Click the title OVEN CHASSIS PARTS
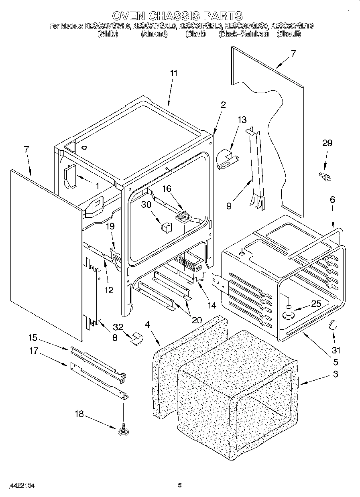[177, 16]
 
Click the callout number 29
[327, 143]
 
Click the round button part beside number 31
[333, 325]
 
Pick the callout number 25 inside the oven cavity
[316, 304]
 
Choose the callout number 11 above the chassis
[173, 73]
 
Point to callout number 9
[229, 207]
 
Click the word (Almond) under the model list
[154, 34]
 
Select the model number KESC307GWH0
[108, 26]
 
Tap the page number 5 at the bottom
[180, 485]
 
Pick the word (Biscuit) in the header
[288, 34]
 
